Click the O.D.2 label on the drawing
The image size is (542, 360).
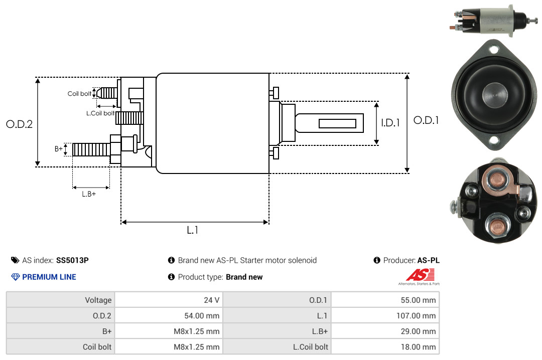pos(20,124)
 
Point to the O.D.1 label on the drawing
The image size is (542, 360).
pos(426,120)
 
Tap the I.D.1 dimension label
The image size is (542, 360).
pos(390,123)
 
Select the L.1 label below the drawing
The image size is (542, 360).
pos(193,230)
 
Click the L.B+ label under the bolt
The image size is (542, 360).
pos(89,194)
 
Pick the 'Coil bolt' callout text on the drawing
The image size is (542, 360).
pos(79,94)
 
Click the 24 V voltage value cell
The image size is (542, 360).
pos(169,300)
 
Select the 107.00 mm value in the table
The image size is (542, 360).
pos(385,316)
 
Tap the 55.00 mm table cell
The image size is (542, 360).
pos(385,300)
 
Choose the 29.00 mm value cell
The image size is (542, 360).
pos(385,331)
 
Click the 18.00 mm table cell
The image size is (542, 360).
pos(385,346)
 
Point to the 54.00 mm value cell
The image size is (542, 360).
pos(169,316)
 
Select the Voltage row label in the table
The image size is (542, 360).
pos(98,300)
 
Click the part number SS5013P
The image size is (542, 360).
pos(72,260)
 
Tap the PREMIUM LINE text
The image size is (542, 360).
pos(49,277)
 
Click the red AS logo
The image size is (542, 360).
pos(420,275)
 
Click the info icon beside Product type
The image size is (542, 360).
pos(171,277)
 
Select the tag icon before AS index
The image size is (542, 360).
pos(15,260)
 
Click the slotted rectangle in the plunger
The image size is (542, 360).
pos(337,123)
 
